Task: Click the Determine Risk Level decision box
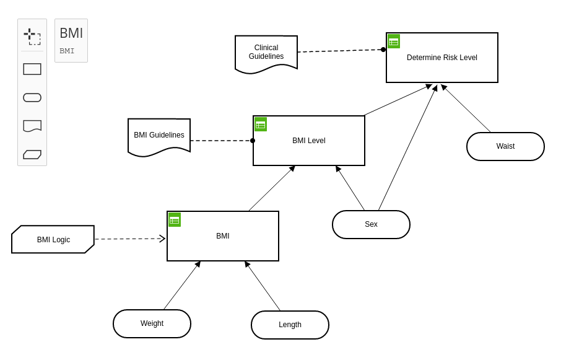click(442, 58)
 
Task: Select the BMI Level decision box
click(309, 141)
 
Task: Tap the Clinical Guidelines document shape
click(266, 54)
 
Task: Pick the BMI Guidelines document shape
click(159, 137)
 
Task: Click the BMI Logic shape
click(53, 239)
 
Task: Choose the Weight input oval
click(152, 323)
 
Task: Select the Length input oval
click(290, 325)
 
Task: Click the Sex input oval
click(371, 224)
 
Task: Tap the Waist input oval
click(505, 146)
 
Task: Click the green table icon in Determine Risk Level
click(394, 42)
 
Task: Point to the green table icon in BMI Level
click(261, 125)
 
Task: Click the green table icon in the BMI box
click(175, 220)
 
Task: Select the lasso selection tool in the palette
click(32, 37)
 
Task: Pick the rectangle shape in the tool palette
click(32, 69)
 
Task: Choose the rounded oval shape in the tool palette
click(32, 98)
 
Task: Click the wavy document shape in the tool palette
click(32, 126)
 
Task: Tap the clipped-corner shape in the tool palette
click(32, 154)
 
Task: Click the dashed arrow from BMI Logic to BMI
click(130, 239)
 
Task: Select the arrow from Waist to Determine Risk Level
click(466, 108)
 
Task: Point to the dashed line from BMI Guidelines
click(222, 141)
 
